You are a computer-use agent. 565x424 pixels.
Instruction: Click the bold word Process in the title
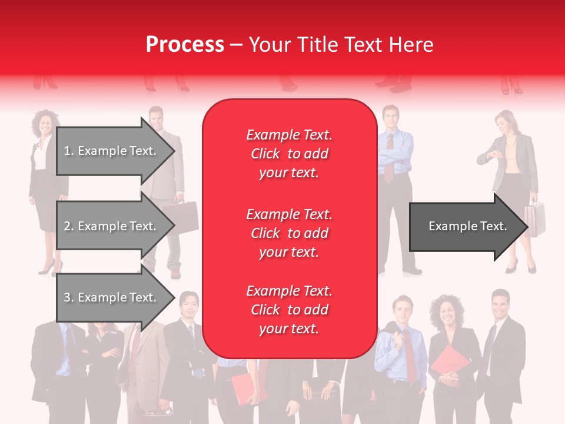(185, 45)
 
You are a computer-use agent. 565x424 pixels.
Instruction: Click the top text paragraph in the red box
(289, 154)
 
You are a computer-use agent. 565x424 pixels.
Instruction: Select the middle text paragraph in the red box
(289, 233)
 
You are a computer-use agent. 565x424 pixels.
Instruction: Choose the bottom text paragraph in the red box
(289, 310)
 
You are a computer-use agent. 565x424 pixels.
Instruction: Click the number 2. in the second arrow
(68, 226)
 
